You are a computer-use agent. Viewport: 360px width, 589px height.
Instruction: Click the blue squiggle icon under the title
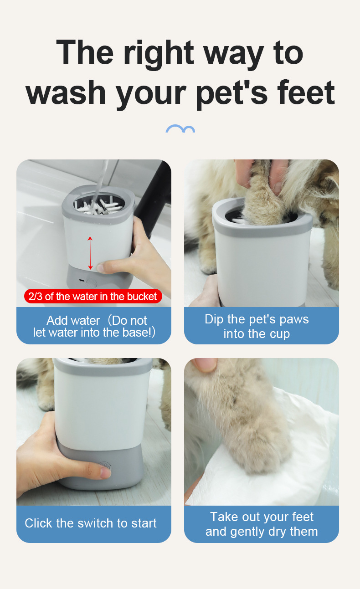(x=180, y=128)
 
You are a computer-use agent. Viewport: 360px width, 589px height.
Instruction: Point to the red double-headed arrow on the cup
(x=90, y=253)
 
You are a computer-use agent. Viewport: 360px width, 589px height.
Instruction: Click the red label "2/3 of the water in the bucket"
(x=93, y=297)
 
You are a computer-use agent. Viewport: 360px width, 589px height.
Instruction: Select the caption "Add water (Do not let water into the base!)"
(x=94, y=326)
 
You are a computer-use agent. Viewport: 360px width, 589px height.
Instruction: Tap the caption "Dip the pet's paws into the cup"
(x=257, y=326)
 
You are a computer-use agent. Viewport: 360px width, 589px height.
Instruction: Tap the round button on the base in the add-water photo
(x=92, y=283)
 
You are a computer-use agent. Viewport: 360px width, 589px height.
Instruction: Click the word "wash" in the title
(x=66, y=92)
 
